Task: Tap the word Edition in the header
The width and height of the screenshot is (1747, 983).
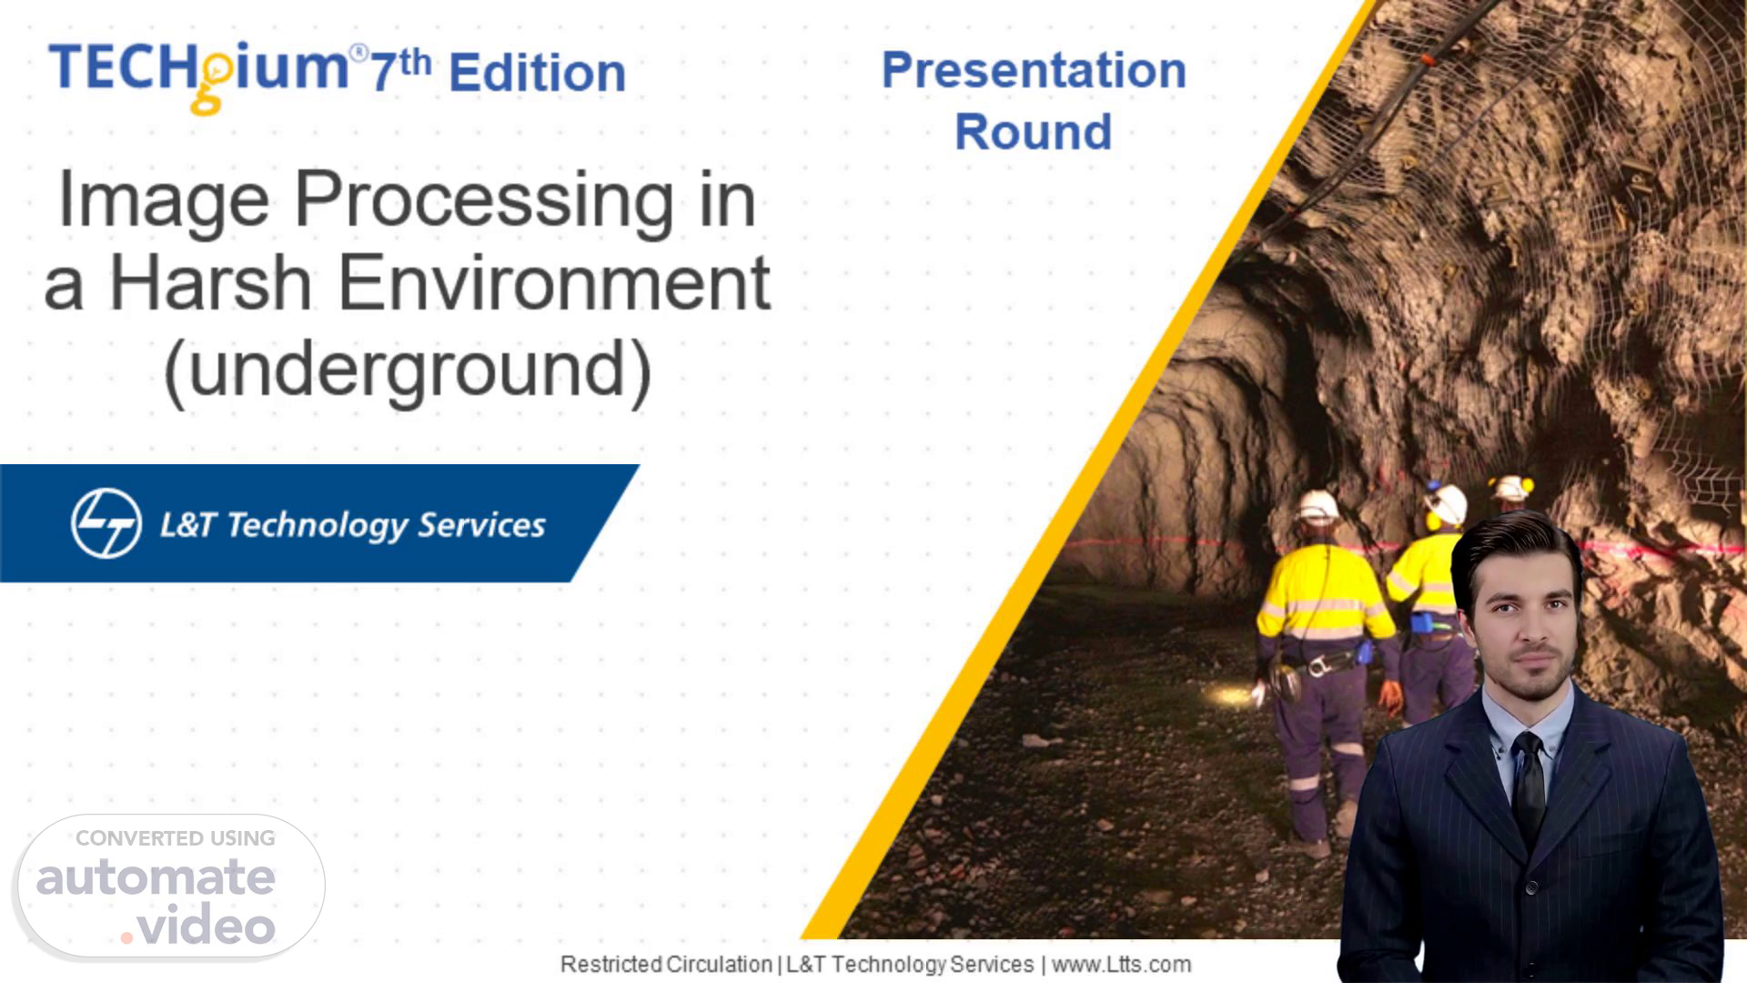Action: pyautogui.click(x=537, y=73)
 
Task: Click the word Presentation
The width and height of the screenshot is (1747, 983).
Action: pyautogui.click(x=1034, y=69)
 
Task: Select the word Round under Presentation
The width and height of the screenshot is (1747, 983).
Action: pyautogui.click(x=1034, y=131)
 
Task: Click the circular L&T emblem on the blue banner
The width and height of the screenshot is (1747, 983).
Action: pyautogui.click(x=106, y=523)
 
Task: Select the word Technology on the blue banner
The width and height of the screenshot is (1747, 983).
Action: pyautogui.click(x=317, y=525)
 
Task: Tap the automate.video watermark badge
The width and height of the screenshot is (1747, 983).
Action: pyautogui.click(x=170, y=886)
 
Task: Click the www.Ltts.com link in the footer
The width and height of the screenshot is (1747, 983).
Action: pyautogui.click(x=1121, y=964)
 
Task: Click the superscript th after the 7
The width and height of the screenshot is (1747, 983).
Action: pyautogui.click(x=414, y=63)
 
